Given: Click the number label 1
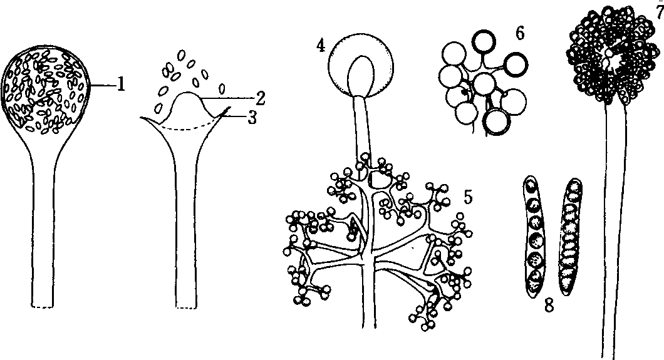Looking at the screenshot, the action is click(121, 85).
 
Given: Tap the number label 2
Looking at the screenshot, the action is click(260, 98).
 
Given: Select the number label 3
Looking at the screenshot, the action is click(252, 118).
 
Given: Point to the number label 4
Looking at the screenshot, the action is click(321, 46).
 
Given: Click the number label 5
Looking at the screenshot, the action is click(467, 197).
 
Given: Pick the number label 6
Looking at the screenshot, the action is click(519, 33).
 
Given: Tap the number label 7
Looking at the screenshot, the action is click(660, 13).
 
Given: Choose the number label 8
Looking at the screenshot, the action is click(549, 305).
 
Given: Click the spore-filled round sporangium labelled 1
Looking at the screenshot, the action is click(46, 90).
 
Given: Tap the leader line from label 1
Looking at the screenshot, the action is click(103, 85).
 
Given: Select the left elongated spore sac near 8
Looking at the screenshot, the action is click(534, 235).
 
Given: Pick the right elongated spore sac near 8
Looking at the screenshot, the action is click(569, 236).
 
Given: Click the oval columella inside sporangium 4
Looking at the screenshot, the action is click(361, 75).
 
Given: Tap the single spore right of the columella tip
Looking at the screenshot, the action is click(222, 89).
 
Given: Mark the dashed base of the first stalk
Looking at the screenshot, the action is click(43, 306).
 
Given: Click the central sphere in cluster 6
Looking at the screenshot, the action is click(485, 85).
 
